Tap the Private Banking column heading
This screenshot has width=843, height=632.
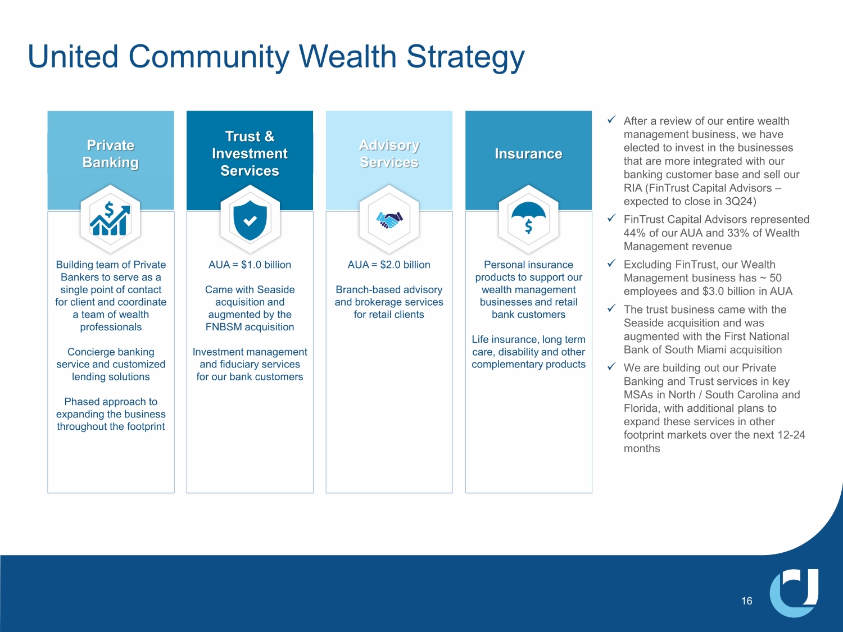(111, 154)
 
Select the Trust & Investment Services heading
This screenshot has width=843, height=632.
(250, 153)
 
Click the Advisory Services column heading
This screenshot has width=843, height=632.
(389, 154)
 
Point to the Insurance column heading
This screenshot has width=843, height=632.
(528, 154)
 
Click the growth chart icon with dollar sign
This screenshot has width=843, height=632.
(110, 219)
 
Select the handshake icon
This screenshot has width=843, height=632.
(389, 220)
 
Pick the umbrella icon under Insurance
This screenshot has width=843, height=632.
(528, 219)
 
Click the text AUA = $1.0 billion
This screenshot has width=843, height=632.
(250, 265)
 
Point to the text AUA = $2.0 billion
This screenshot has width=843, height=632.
(389, 265)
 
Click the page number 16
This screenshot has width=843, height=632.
(746, 601)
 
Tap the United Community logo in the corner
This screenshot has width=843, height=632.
(794, 593)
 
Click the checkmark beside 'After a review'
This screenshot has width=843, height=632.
(611, 120)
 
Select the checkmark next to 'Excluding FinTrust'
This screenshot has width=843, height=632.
(611, 263)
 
